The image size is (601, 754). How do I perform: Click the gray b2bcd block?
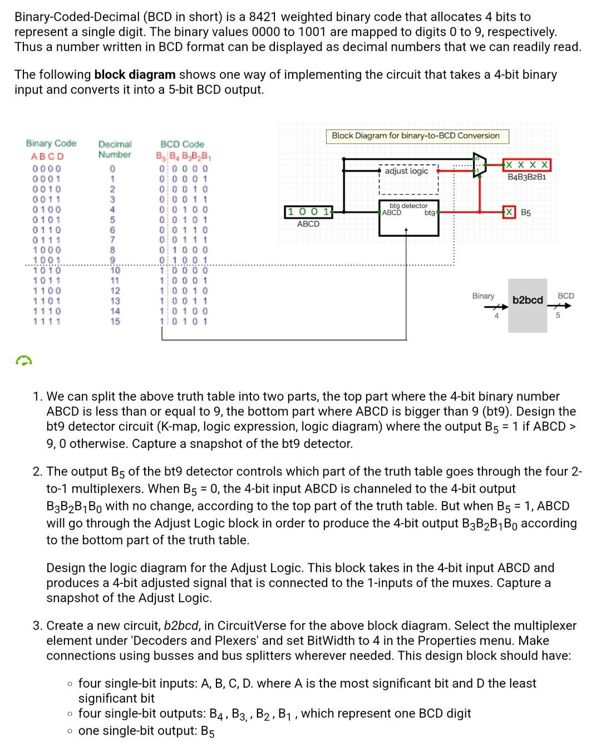point(527,305)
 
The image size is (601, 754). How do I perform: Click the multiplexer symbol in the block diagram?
point(477,165)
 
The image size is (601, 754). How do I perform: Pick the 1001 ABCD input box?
point(308,211)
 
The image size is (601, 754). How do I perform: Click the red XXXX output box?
point(526,165)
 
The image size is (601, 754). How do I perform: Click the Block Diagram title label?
point(416,136)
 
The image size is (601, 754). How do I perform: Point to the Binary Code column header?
point(51,143)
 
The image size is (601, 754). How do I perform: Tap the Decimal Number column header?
point(115,149)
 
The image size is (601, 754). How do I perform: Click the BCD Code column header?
point(182,144)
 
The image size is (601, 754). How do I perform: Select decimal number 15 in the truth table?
point(114,321)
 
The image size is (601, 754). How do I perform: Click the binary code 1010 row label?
point(47,271)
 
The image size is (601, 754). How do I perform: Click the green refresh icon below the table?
point(23,361)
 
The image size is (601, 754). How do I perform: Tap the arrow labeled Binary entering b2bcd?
point(492,304)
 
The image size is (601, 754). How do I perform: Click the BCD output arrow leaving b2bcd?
point(561,304)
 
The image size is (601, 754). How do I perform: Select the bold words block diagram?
point(135,75)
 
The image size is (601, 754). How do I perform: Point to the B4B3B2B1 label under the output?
point(526,177)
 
